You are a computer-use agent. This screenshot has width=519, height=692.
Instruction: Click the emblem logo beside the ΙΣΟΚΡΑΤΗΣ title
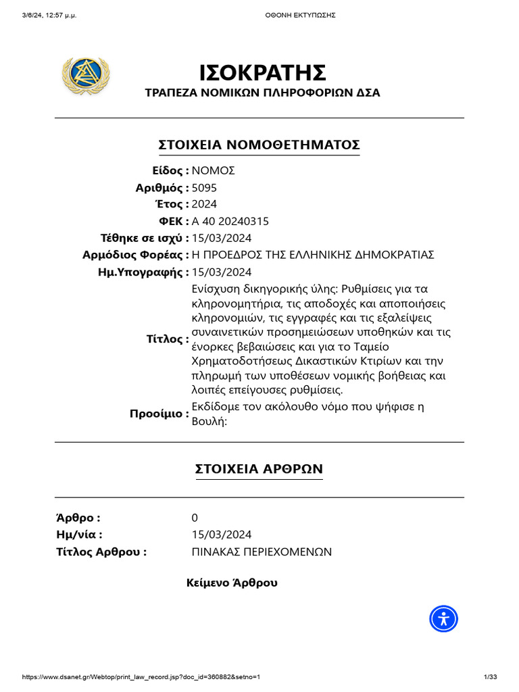85,76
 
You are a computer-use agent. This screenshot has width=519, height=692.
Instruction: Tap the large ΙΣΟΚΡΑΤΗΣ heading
263,72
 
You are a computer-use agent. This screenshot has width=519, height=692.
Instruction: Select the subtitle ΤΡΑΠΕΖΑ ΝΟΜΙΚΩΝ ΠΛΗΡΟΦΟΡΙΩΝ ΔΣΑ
263,93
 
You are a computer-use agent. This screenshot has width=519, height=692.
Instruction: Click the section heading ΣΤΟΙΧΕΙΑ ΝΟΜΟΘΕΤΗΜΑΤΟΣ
259,145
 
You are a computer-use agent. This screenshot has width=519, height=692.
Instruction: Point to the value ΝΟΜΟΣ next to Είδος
214,171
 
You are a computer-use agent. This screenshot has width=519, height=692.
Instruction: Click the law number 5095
205,188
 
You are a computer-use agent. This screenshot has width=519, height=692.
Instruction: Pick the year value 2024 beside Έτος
205,205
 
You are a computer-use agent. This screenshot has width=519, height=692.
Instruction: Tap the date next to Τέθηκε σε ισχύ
222,238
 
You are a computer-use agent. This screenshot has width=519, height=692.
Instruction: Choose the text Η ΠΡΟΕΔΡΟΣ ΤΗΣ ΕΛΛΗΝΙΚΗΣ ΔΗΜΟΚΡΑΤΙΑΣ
313,255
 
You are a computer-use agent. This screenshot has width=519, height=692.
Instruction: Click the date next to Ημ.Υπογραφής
222,272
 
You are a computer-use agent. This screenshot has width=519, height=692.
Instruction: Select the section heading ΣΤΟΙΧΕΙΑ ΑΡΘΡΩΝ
259,469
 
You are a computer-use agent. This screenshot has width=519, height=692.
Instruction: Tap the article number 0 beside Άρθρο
195,518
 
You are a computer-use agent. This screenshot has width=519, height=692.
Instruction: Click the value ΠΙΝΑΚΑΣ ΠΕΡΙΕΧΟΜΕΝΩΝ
262,551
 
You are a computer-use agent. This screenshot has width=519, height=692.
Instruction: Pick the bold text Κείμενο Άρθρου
232,583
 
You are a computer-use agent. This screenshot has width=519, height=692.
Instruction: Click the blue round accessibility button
444,618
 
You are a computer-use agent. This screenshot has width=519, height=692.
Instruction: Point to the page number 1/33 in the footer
491,677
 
